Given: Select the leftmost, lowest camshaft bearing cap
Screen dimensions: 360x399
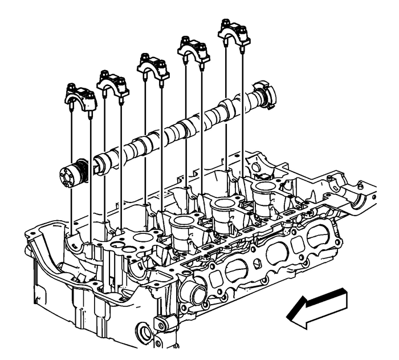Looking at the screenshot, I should [79, 98].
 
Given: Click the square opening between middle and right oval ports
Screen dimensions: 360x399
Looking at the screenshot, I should [298, 245].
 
